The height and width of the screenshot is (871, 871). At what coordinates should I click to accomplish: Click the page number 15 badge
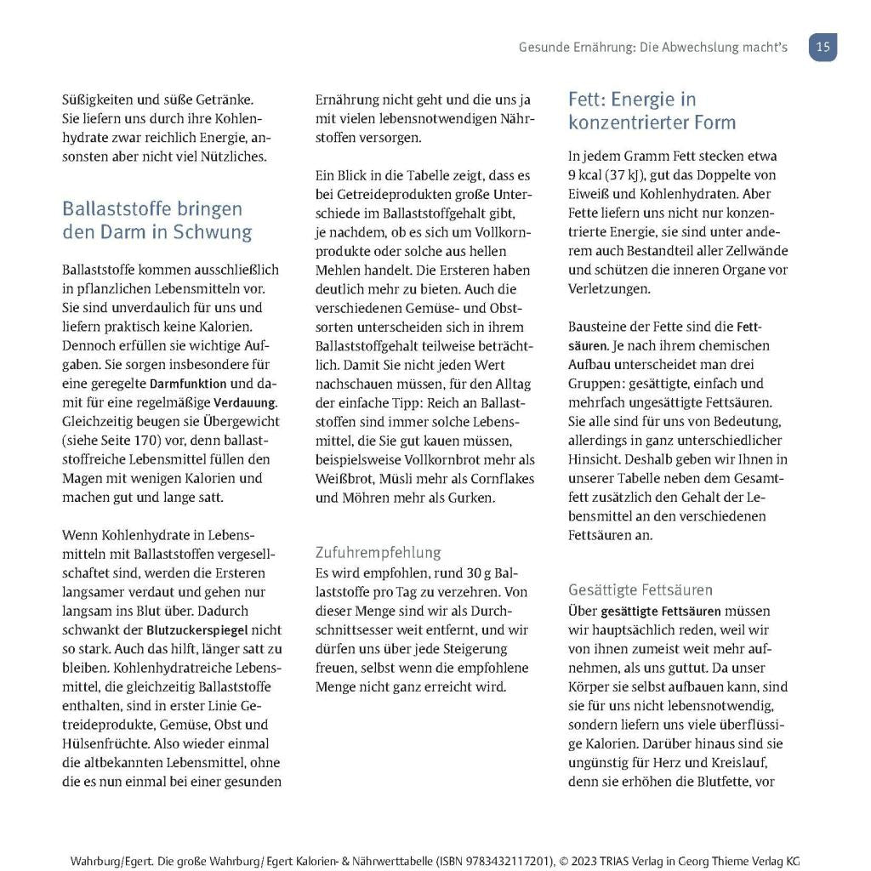pos(823,48)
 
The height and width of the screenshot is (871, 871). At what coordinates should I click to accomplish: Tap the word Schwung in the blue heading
pos(213,231)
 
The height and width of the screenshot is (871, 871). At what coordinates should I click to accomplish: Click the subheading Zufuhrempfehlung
pos(379,553)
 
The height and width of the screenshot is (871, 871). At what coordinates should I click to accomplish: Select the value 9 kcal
pos(584,175)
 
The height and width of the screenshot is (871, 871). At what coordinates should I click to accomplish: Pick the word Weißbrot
pos(344,478)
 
